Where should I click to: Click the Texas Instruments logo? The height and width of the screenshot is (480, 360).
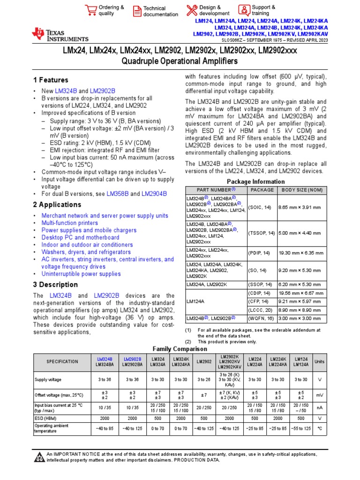click(60, 34)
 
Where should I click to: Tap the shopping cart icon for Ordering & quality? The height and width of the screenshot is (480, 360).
click(90, 10)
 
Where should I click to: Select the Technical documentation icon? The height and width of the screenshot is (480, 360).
click(137, 11)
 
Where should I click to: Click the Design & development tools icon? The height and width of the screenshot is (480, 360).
click(192, 10)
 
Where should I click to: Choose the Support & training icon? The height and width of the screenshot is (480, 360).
click(244, 10)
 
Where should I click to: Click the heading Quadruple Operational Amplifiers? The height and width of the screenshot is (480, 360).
click(180, 61)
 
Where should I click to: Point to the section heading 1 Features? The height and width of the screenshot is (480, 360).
click(51, 80)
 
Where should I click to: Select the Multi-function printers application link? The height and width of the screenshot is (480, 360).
click(70, 223)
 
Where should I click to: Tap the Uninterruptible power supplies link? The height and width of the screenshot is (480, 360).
click(81, 274)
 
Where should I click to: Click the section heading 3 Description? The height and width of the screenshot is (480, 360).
click(55, 285)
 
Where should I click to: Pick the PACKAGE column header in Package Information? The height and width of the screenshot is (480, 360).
click(262, 190)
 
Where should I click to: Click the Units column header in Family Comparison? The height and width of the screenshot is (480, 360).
click(319, 361)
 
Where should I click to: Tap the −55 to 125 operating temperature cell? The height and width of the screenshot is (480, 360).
click(301, 428)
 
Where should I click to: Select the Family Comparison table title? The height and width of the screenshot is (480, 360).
click(180, 349)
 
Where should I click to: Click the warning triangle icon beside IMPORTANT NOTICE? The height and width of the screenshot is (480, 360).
click(39, 457)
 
